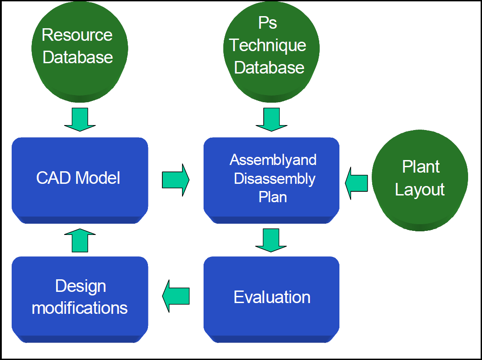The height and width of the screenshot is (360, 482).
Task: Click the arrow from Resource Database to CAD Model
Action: pos(80,119)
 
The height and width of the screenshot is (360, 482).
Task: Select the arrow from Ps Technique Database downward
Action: pos(271,119)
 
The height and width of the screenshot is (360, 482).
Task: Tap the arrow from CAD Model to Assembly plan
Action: pos(176,180)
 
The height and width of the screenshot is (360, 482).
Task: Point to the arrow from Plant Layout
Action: pos(356,183)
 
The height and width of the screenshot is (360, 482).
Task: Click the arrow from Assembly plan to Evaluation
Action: pos(271,240)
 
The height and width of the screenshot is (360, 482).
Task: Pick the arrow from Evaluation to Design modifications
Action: pos(176,296)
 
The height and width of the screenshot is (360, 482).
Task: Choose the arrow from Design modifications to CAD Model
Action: pos(80,240)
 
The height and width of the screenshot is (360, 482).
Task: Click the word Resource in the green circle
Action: pos(77,35)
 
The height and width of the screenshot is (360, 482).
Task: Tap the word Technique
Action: pos(267,45)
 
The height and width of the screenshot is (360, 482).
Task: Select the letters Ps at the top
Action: pos(267,23)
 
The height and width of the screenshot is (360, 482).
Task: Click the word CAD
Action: pos(53,178)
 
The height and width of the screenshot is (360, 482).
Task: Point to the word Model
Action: pos(97,178)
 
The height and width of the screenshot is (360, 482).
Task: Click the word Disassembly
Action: pos(274,179)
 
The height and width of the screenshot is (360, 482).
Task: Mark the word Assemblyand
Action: pos(273,160)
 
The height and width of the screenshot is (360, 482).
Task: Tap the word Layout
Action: pos(420,190)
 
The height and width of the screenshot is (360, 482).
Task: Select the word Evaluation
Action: pos(272,297)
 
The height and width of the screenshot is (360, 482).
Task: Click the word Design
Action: pos(81,286)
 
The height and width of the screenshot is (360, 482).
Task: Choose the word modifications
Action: pos(80,308)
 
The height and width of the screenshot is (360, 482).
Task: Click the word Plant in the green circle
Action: pos(421,167)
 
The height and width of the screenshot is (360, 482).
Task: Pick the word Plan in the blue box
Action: pos(273,197)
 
